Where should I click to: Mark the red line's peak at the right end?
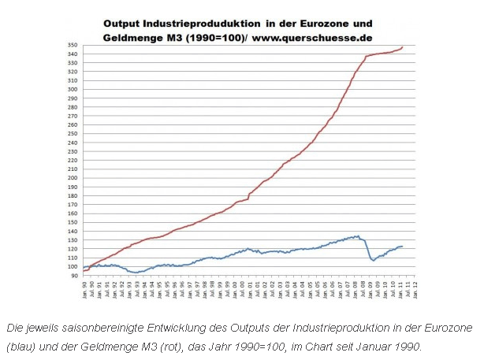click(x=403, y=47)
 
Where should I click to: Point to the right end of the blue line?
click(x=403, y=247)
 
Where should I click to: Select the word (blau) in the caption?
click(x=21, y=345)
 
